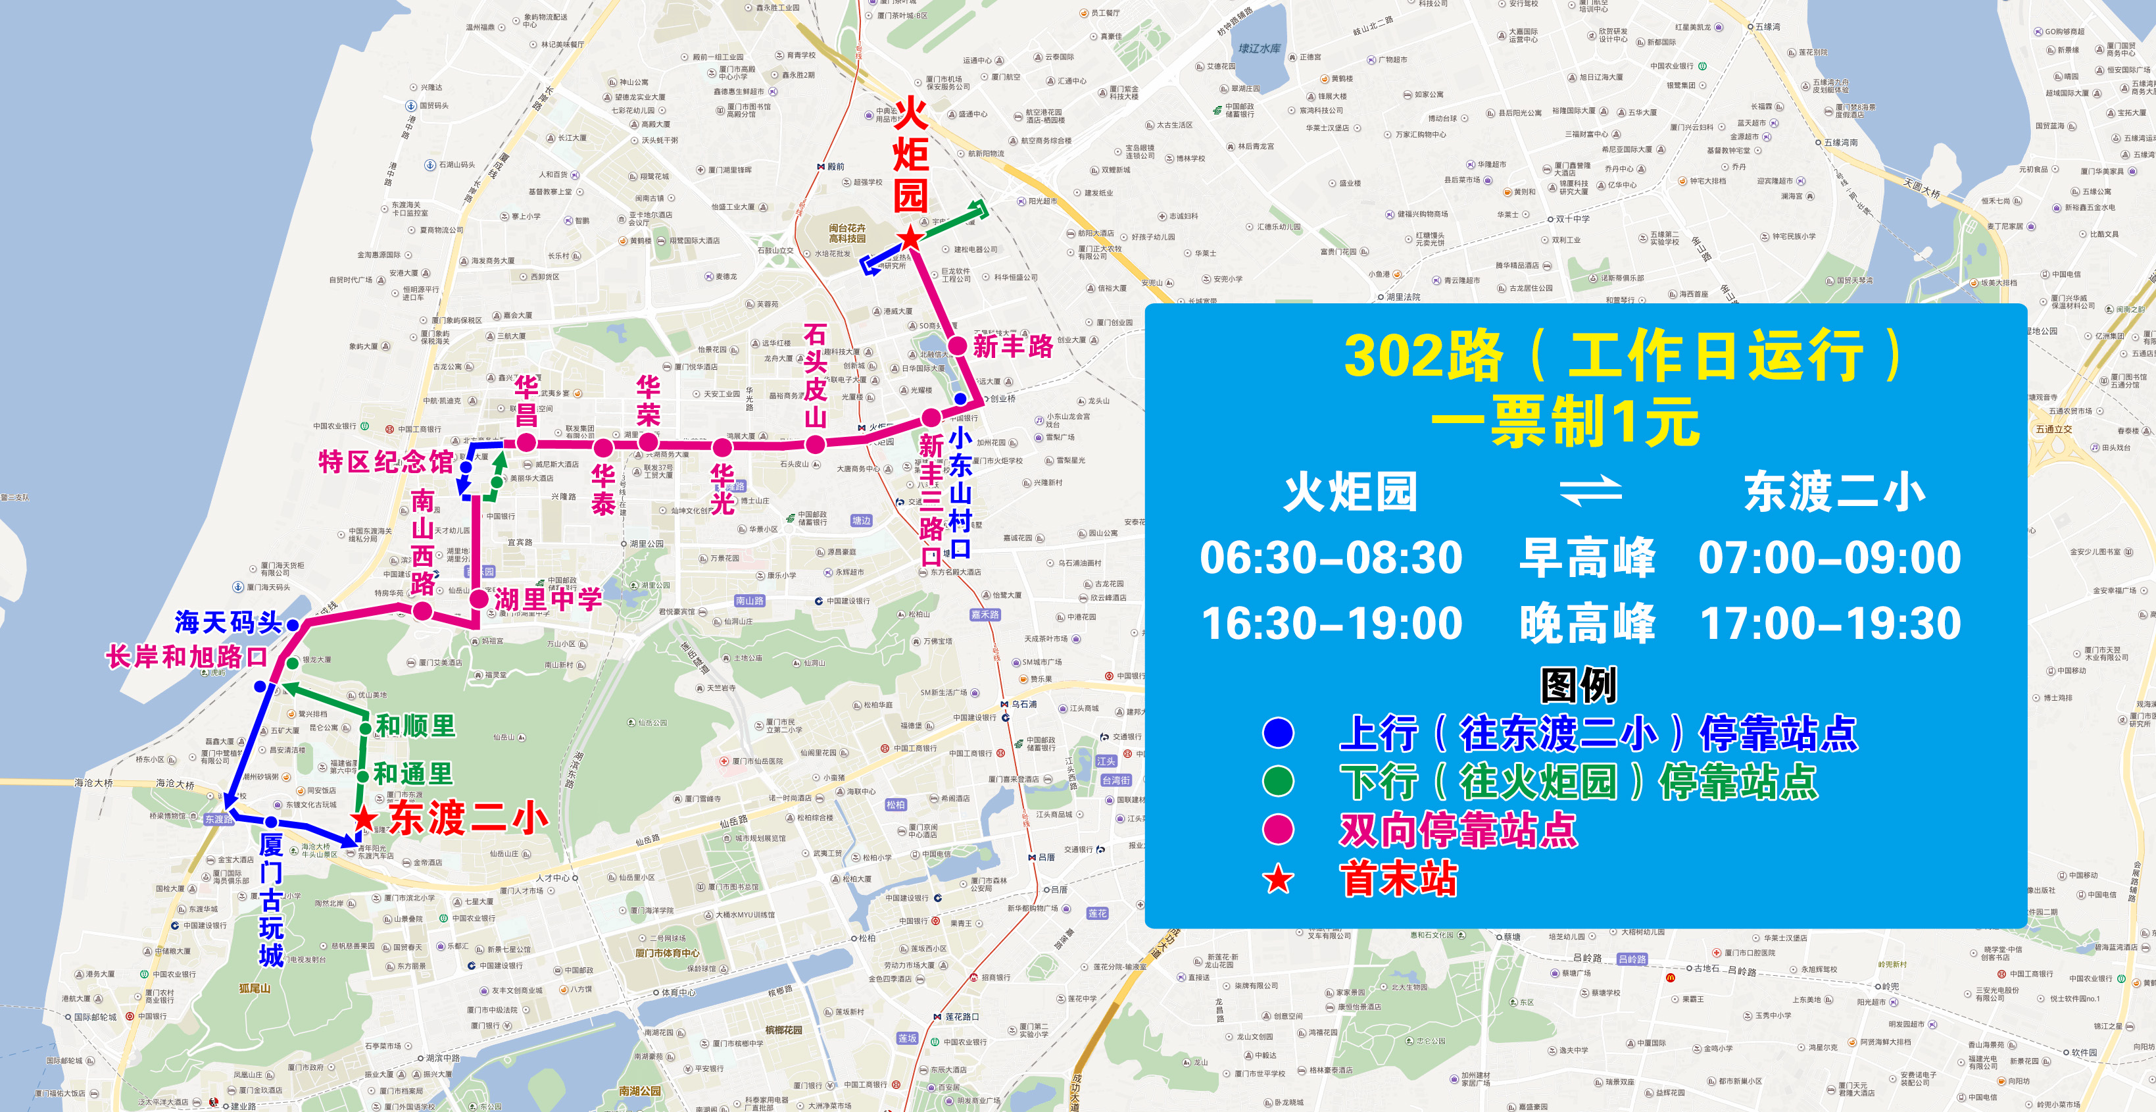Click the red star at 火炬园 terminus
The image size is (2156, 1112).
point(910,237)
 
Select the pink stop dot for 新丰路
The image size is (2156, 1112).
point(958,345)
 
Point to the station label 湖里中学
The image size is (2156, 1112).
point(547,599)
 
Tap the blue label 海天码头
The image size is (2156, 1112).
point(228,622)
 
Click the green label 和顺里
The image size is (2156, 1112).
point(415,725)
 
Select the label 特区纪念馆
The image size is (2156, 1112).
point(386,461)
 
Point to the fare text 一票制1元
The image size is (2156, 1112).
point(1565,422)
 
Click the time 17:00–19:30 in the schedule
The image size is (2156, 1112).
point(1830,624)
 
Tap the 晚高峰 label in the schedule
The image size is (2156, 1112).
point(1587,624)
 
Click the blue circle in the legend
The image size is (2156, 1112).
point(1278,733)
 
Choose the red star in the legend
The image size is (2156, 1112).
point(1278,879)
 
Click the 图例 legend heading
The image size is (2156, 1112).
point(1579,685)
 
